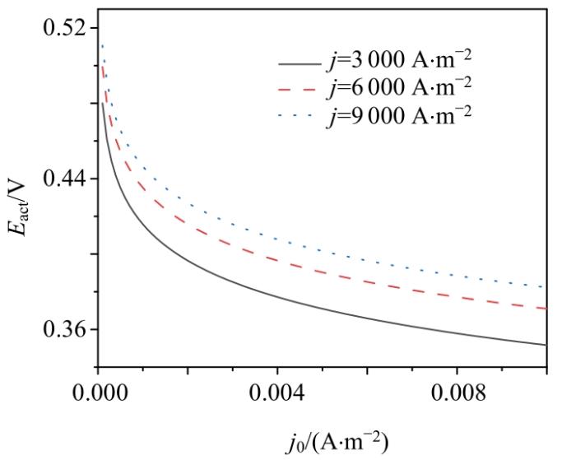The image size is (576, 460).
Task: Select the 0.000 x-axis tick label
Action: (x=98, y=392)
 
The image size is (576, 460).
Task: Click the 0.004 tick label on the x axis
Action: (x=277, y=392)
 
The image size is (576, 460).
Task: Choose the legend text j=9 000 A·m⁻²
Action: (x=399, y=114)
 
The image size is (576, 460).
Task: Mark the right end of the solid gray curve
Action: (x=546, y=345)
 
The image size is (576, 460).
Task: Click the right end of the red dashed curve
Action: (x=546, y=309)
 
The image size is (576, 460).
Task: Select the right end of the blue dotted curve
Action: (x=545, y=287)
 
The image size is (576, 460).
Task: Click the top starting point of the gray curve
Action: (x=101, y=103)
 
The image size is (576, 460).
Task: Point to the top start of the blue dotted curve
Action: (x=101, y=45)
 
